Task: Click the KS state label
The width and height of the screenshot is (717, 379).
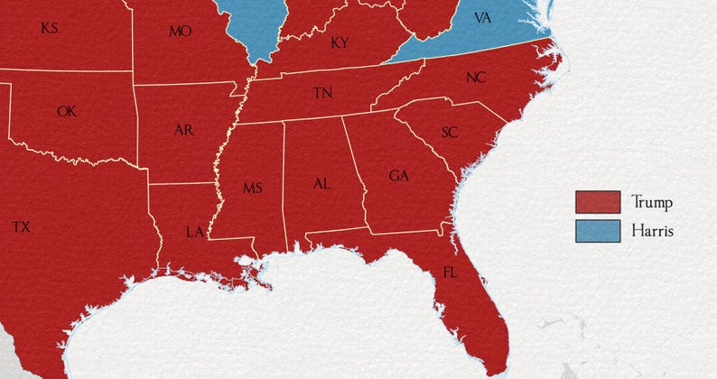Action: [x=50, y=29]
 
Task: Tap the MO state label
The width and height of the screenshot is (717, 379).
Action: [x=180, y=32]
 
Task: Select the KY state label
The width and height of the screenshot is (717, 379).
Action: [x=340, y=42]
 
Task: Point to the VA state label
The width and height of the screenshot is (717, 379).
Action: [x=482, y=19]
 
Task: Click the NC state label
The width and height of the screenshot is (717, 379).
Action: [x=476, y=78]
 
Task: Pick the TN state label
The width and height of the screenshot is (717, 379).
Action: [x=321, y=93]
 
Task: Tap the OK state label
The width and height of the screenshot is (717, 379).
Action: [x=67, y=112]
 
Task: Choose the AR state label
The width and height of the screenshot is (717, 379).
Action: [x=183, y=130]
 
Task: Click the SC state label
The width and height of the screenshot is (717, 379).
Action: [x=450, y=133]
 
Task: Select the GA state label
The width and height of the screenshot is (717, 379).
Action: [x=398, y=175]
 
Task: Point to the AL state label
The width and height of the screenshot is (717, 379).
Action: [x=321, y=183]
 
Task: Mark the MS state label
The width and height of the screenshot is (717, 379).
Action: [x=252, y=188]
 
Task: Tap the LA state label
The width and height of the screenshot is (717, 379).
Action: [x=195, y=232]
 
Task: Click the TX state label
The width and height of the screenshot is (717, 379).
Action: [x=22, y=227]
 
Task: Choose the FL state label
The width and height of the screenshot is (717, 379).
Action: [x=450, y=272]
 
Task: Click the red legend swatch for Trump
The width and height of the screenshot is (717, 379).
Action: [x=598, y=201]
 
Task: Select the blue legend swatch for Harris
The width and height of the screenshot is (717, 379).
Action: [x=598, y=231]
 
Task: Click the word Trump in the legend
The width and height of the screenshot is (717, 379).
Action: [x=652, y=201]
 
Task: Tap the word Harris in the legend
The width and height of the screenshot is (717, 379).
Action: [x=653, y=231]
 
